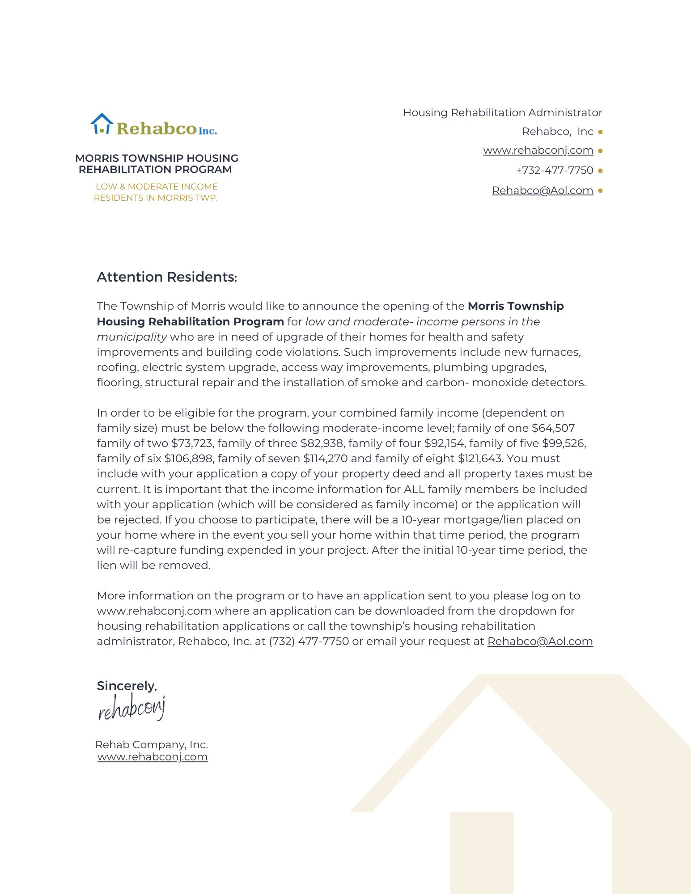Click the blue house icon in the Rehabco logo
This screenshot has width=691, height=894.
[x=102, y=123]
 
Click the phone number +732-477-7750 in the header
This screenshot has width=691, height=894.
[x=555, y=170]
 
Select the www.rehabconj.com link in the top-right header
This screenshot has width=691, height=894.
[x=538, y=150]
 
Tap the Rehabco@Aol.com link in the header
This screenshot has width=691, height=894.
[x=543, y=190]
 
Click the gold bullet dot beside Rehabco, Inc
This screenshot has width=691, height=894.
[x=600, y=132]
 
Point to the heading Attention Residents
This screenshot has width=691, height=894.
[x=166, y=277]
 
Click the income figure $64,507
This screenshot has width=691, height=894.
[x=553, y=428]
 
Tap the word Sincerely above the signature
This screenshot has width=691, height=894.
[x=127, y=686]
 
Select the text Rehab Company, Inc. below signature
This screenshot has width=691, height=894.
[x=152, y=745]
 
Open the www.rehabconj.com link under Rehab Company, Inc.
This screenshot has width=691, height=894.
[x=153, y=757]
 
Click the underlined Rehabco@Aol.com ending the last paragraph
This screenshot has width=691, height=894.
[x=540, y=641]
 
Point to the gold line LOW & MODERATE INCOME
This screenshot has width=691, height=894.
[x=157, y=187]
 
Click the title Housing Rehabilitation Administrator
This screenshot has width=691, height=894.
[x=502, y=113]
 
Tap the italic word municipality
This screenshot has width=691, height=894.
[x=132, y=337]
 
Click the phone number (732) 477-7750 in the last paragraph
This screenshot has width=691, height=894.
[x=309, y=641]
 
